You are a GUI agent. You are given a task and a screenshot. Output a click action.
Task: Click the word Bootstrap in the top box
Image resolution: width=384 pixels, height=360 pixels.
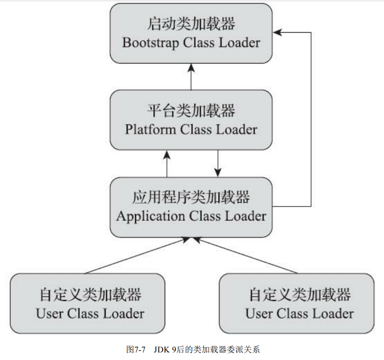pyautogui.click(x=147, y=43)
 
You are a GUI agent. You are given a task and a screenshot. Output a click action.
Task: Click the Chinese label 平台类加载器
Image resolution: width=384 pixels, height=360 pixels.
pyautogui.click(x=191, y=111)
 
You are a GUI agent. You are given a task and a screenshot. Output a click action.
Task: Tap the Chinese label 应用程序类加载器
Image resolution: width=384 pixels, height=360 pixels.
pyautogui.click(x=191, y=197)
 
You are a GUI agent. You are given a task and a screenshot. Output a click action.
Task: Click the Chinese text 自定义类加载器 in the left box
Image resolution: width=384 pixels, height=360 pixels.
pyautogui.click(x=90, y=295)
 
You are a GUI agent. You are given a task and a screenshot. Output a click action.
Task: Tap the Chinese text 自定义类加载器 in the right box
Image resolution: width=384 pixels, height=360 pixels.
pyautogui.click(x=299, y=295)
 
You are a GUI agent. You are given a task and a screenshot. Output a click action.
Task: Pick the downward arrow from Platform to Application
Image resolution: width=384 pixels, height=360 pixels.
pyautogui.click(x=218, y=163)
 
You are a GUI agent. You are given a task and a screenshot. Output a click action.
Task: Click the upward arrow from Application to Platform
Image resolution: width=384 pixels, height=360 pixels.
pyautogui.click(x=166, y=163)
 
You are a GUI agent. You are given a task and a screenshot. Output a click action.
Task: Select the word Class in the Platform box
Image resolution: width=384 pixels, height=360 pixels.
pyautogui.click(x=196, y=130)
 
